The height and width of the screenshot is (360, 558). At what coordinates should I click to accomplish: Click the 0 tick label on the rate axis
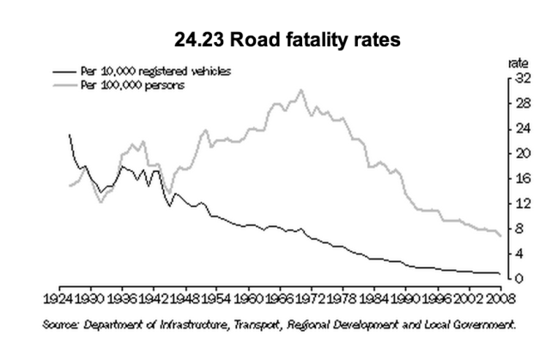click(x=520, y=279)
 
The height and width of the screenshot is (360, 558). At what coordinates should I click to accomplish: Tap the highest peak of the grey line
click(x=300, y=89)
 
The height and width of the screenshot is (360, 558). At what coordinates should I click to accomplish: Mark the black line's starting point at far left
click(x=69, y=135)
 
